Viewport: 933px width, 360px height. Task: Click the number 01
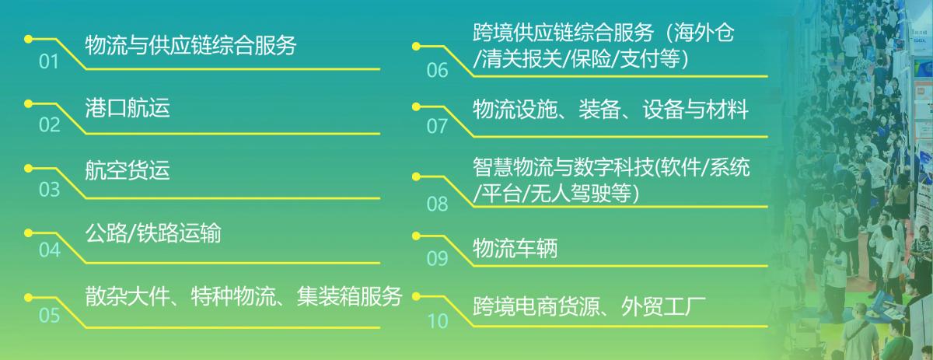point(49,61)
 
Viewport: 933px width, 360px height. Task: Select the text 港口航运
point(128,108)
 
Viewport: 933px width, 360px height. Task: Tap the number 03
point(49,190)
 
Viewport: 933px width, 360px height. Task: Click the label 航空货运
point(128,170)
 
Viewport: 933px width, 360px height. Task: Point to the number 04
point(50,250)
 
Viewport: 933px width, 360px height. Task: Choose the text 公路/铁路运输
point(153,233)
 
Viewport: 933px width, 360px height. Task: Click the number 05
point(49,316)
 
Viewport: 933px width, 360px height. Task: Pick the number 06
point(437,71)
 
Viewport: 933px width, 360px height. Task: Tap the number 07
point(436,126)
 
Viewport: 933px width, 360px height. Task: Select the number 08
point(437,204)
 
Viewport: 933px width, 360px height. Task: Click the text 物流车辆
point(515,248)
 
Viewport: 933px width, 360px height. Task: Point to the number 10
point(437,321)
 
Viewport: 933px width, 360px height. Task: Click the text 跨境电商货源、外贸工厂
point(589,306)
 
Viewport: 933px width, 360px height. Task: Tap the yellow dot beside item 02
point(28,103)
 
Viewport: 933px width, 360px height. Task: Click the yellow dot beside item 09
point(416,236)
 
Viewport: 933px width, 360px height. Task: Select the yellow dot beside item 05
point(28,298)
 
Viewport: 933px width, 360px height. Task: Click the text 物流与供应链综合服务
point(190,45)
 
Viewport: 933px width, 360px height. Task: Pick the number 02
point(49,125)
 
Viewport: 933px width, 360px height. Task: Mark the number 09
point(437,259)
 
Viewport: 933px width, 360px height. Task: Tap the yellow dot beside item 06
point(416,46)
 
